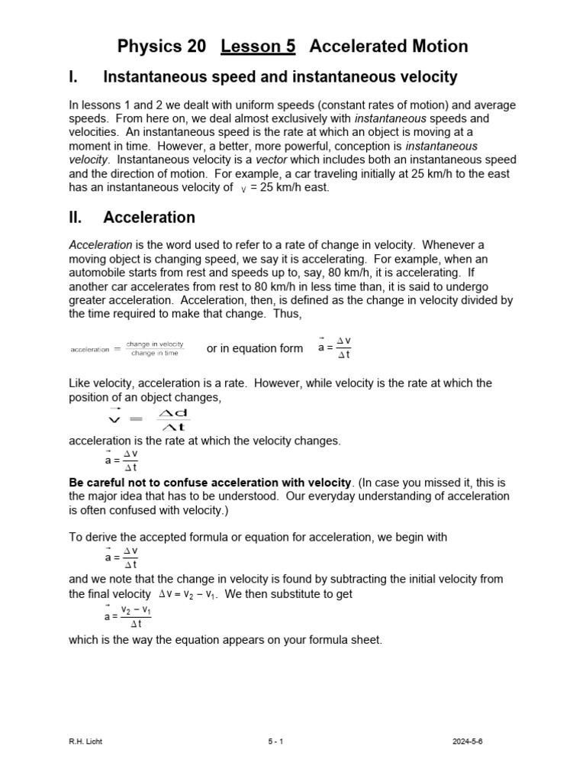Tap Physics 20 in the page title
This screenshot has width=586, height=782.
(162, 47)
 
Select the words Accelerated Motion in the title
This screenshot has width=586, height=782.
(388, 47)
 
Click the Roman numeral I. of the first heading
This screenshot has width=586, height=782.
(74, 77)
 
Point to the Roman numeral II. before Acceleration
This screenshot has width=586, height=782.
(76, 218)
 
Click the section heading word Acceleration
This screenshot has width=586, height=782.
(149, 218)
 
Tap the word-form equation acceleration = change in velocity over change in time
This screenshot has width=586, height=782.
(127, 349)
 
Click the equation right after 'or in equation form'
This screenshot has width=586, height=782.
(334, 347)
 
